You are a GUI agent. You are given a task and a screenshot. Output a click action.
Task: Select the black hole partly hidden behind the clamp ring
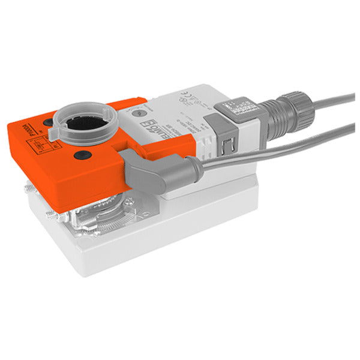(x=47, y=123)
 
